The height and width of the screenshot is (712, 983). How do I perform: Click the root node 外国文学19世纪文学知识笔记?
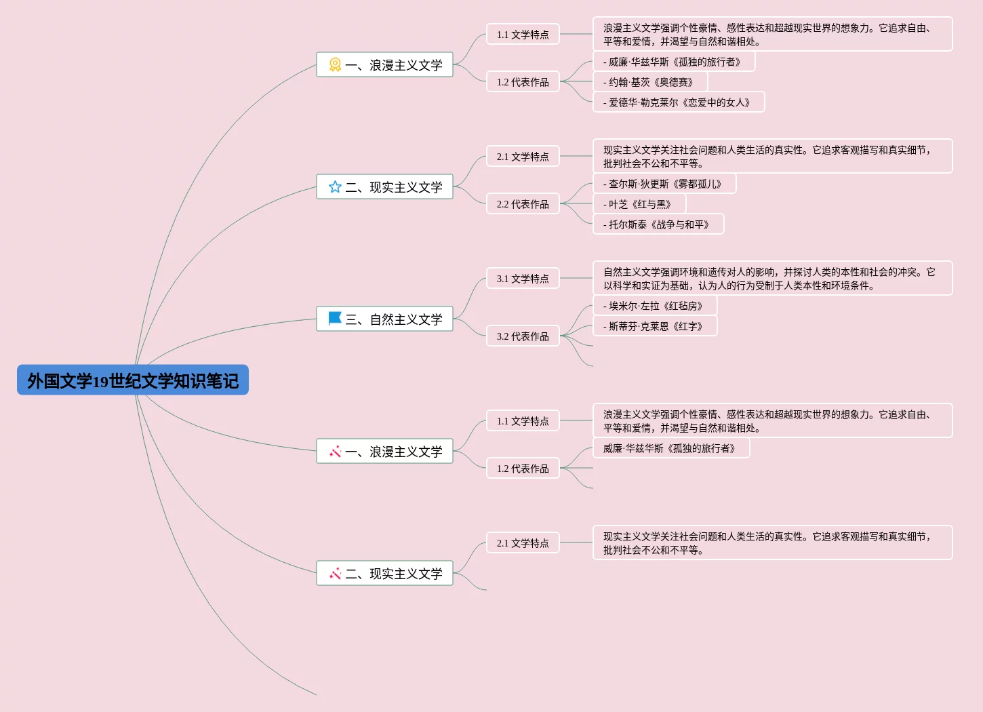(133, 380)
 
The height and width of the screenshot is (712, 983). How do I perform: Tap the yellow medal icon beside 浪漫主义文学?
(335, 65)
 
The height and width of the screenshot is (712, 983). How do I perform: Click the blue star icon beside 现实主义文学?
(335, 187)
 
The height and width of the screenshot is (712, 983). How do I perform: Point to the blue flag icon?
(335, 319)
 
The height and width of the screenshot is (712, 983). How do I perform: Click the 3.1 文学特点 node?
(523, 279)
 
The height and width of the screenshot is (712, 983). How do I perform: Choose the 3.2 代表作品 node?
(523, 336)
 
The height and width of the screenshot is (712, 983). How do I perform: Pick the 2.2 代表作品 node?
(523, 204)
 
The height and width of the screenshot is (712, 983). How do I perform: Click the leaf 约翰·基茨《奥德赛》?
(650, 82)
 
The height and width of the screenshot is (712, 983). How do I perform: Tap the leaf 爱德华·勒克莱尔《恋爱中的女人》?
(679, 102)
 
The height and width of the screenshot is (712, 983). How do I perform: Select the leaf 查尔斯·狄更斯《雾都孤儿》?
(664, 184)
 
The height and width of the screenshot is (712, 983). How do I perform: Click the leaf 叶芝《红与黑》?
(639, 204)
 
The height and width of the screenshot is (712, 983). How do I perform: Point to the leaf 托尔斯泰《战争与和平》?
(658, 224)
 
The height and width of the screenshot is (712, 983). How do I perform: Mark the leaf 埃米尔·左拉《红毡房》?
(655, 306)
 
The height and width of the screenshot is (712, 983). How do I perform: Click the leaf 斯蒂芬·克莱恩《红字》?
(655, 326)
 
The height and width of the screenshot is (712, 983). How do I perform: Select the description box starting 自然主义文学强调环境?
(772, 279)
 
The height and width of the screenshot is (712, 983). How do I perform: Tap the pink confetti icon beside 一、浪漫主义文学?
(335, 452)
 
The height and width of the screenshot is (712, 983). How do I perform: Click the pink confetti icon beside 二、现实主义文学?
(335, 574)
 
